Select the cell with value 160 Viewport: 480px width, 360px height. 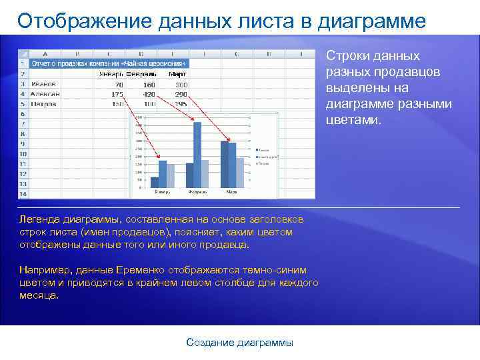tap(148, 85)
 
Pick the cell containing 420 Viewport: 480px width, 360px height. tap(148, 94)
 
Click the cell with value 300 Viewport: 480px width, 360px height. tap(181, 85)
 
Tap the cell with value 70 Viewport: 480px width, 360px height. tap(118, 85)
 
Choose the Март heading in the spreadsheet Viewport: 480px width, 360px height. tap(177, 74)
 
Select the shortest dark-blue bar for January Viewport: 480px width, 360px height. tap(155, 182)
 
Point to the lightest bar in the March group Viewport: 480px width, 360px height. tap(241, 173)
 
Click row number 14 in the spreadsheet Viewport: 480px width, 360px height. tap(22, 194)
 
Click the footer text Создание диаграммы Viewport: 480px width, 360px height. tap(239, 343)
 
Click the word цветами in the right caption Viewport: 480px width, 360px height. tap(353, 120)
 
